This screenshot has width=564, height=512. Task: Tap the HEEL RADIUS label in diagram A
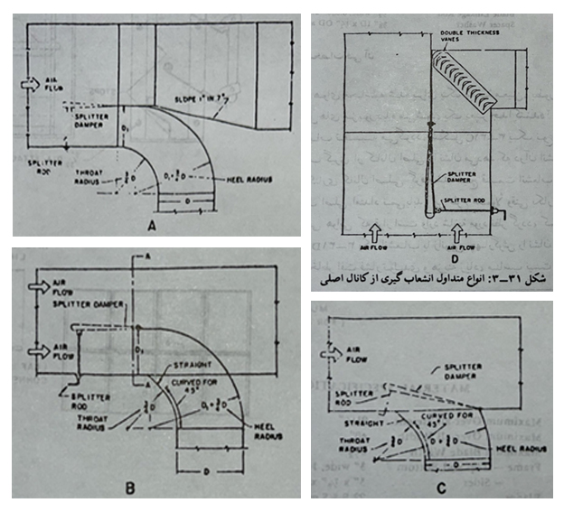(249, 178)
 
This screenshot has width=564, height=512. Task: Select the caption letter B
(130, 489)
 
